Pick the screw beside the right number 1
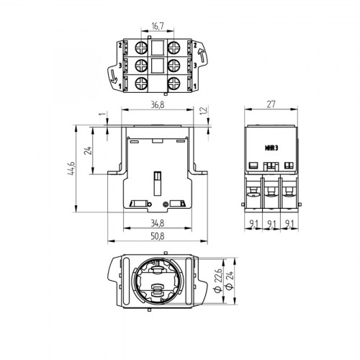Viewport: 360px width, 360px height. coord(176,84)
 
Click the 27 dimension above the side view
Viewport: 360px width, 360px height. coord(271,104)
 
